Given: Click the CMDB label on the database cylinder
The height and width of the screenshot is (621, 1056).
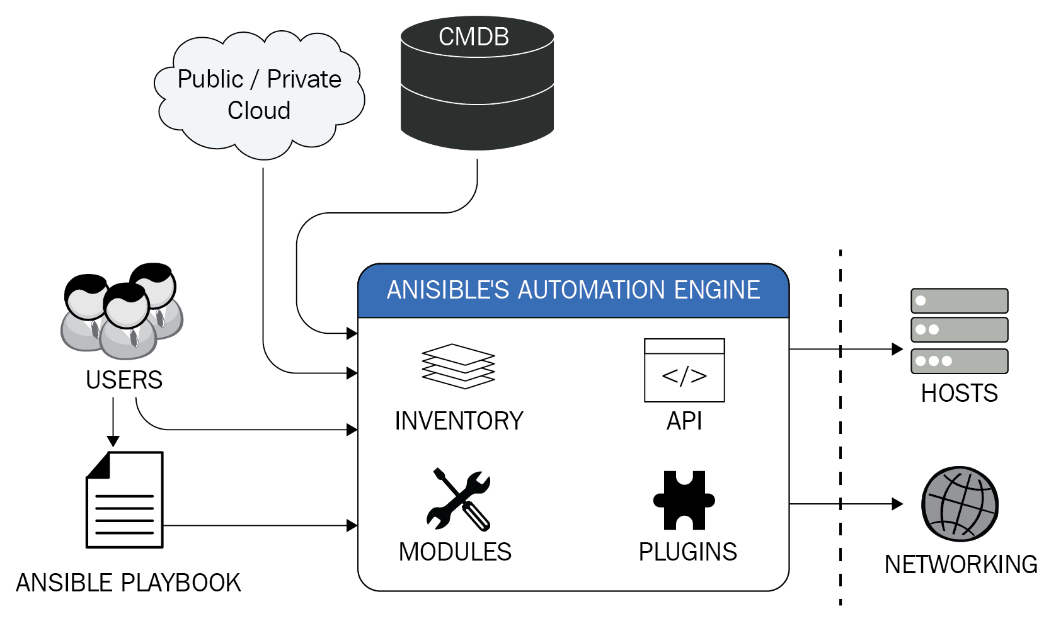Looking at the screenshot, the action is pos(474,37).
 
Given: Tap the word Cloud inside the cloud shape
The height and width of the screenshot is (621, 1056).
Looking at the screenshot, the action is pos(259,111).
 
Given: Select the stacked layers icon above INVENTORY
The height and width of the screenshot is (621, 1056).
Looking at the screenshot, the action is pos(458,367).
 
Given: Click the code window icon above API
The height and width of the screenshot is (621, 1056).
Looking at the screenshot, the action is pos(684,370).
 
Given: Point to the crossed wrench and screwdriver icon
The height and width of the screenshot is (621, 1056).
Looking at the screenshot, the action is pos(459,499).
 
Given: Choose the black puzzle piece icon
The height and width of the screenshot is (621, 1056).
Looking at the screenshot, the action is pos(684,500).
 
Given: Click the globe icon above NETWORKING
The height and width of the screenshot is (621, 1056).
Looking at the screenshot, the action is pos(960,504).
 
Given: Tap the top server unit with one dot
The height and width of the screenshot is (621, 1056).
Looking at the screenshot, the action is pos(960,300).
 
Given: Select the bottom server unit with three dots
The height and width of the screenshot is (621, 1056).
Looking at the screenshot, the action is pos(960,361).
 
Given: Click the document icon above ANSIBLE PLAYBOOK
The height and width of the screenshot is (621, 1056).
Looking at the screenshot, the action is pos(125,500).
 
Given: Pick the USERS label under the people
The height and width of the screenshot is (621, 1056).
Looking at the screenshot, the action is pos(124,380).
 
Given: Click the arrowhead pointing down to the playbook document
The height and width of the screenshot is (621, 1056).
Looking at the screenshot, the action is pos(113,441).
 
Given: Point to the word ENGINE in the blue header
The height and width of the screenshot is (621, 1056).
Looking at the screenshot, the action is pos(716,289).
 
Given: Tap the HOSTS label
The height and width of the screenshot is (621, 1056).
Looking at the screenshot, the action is pos(960,393).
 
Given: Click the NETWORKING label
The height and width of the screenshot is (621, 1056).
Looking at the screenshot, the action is pos(961,564).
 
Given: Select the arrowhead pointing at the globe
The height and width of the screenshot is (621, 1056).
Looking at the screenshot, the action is pos(898,504).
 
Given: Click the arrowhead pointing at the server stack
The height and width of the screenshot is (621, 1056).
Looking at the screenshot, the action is pos(898,349).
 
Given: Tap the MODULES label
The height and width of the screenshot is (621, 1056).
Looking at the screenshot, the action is pos(455,552).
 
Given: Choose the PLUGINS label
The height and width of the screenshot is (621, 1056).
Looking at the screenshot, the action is pos(688,552).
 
